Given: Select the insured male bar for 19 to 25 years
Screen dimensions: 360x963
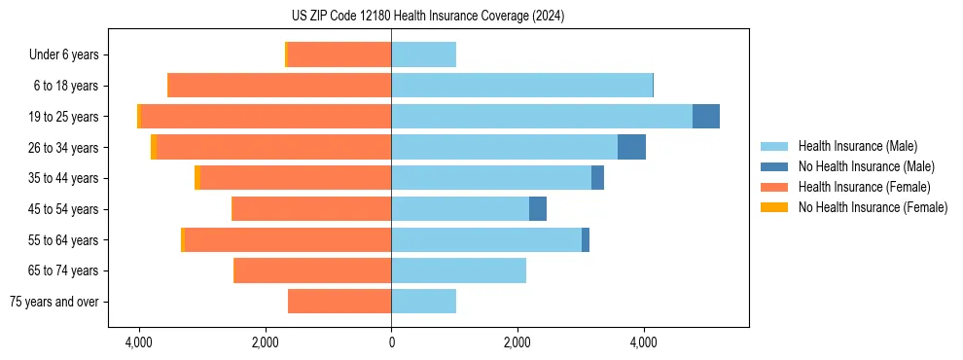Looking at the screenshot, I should tap(542, 117).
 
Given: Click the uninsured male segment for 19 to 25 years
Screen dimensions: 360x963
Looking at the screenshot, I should tap(706, 117).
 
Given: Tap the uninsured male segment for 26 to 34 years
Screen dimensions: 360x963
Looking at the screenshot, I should tap(631, 147).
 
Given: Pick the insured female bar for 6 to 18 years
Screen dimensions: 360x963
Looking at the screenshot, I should tap(279, 86).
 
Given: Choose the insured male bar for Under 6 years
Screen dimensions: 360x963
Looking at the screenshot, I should tap(423, 54).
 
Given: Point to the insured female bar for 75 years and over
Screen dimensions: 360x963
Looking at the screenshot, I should tap(339, 302).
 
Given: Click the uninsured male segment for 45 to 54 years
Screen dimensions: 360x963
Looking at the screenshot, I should tap(538, 209).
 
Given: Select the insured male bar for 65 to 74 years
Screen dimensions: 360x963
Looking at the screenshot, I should tap(458, 270).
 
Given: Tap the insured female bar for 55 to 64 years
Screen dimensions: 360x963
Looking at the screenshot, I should tap(288, 239).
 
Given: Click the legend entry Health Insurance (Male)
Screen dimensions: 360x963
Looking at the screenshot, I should tap(857, 146).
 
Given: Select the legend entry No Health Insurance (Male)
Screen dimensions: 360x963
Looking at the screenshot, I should tap(866, 166).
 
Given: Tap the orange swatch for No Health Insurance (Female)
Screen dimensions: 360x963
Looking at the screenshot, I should tap(775, 207).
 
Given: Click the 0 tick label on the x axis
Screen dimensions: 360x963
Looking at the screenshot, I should tap(391, 342).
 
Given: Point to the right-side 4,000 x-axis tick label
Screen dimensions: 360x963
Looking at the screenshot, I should tap(643, 342).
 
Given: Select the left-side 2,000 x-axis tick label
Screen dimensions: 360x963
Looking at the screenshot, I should tap(266, 342).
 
